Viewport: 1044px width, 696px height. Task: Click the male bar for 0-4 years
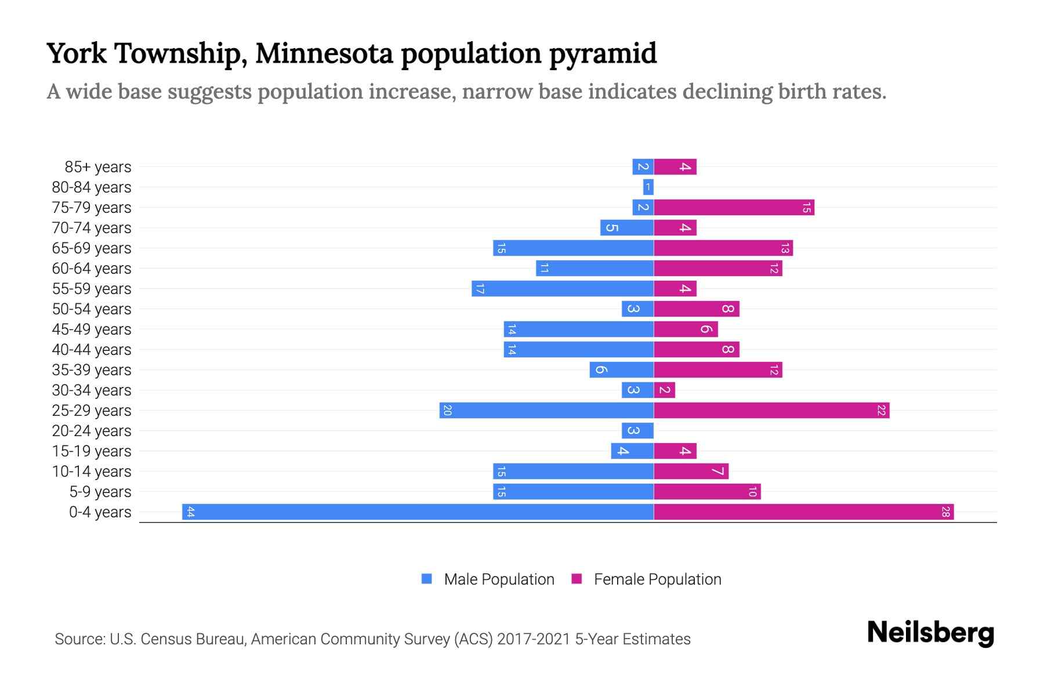418,512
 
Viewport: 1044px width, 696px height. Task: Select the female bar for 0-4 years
803,512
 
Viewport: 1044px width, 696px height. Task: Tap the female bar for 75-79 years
734,207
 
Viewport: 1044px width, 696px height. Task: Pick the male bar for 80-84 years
648,187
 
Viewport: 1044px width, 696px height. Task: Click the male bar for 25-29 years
546,410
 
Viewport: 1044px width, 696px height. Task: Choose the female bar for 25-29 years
771,410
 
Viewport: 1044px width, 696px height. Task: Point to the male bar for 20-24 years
637,430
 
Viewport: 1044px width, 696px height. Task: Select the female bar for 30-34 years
665,390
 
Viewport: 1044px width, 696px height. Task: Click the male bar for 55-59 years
563,288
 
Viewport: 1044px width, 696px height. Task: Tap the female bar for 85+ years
675,166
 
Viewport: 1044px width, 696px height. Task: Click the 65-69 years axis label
92,248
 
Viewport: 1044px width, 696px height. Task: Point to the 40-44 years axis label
92,350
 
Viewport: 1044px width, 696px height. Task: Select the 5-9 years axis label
100,492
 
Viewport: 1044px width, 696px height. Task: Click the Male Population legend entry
499,579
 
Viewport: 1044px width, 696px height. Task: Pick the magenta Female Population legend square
577,579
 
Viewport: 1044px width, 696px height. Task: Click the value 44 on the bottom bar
190,512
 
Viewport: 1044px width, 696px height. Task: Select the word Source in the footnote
79,639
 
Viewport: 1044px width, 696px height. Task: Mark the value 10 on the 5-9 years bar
752,492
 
